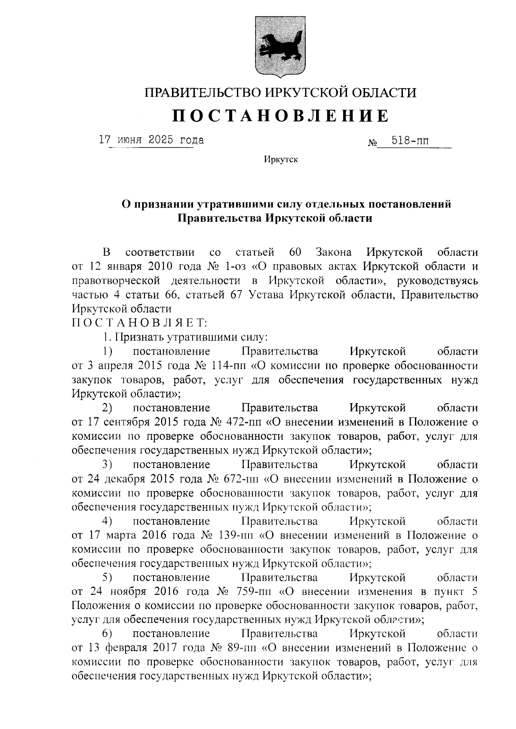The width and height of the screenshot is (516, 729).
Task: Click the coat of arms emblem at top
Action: tap(280, 47)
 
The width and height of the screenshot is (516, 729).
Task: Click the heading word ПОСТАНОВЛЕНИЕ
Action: tap(280, 116)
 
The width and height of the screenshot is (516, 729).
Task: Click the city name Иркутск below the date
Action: tap(280, 160)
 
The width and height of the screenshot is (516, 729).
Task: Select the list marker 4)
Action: tap(107, 521)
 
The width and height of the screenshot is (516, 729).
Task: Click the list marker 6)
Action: tap(107, 634)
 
